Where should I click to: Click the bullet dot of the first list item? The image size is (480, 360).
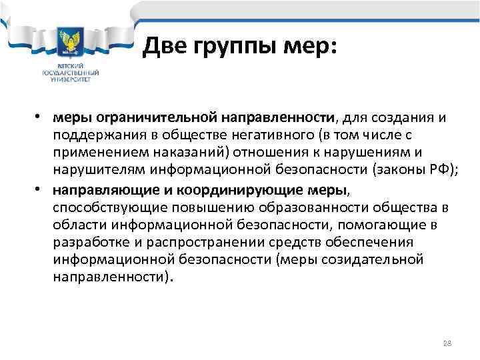(x=41, y=118)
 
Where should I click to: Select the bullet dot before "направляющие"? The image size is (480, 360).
(x=41, y=190)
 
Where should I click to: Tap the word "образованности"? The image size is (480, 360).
(x=285, y=208)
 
